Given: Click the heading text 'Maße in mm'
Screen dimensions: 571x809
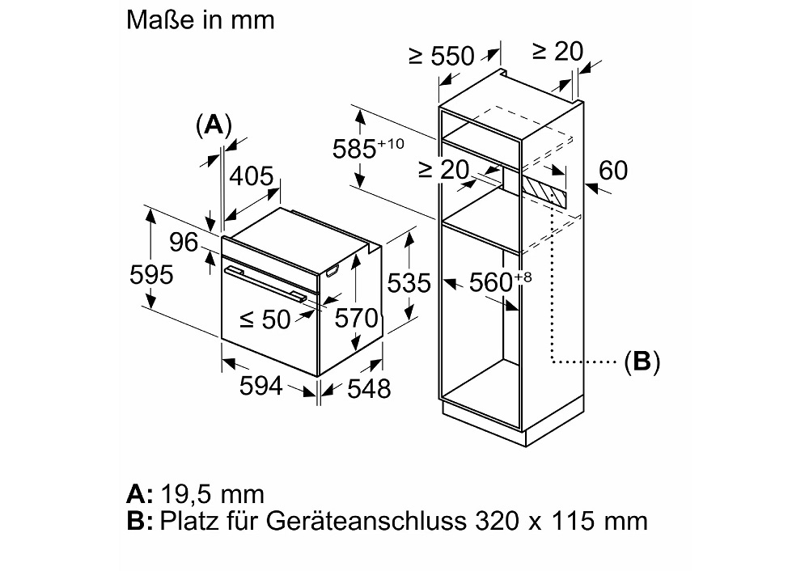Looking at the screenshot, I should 201,19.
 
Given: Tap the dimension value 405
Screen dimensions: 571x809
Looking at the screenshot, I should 251,176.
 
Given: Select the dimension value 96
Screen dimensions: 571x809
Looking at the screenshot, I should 184,242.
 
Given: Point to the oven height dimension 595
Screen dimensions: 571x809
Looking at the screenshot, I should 151,275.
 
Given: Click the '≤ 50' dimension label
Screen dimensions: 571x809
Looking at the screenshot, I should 265,319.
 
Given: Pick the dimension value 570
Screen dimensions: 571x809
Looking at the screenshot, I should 357,319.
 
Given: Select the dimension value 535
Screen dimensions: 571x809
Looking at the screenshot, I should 409,283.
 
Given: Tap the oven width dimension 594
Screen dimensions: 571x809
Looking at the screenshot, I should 260,387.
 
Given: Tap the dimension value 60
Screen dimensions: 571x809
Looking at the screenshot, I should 613,171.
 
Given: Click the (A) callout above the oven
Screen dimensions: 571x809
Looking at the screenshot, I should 214,125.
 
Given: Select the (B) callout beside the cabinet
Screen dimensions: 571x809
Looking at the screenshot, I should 642,362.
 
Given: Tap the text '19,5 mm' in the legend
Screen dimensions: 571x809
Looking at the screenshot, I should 213,493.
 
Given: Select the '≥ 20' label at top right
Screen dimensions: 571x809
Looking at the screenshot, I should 558,51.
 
